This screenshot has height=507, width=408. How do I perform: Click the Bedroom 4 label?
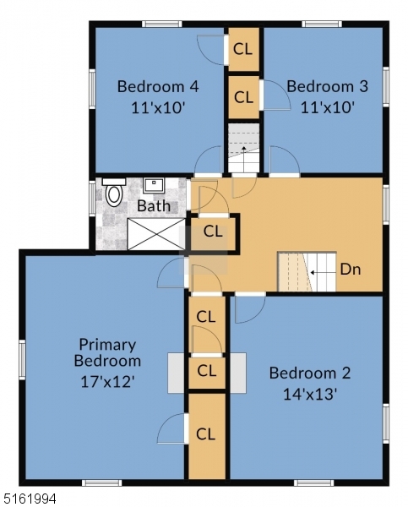click(x=158, y=85)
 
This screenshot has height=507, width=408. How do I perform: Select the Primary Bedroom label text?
click(x=107, y=352)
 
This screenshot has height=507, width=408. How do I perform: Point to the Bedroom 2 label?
click(x=309, y=373)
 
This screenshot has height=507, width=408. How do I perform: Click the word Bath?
click(x=153, y=205)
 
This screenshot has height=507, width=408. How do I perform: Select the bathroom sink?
click(x=153, y=184)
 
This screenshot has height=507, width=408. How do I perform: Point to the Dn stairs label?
click(x=351, y=271)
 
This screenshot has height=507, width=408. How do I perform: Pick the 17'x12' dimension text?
click(x=107, y=380)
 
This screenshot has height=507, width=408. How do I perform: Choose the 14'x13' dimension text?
click(x=309, y=394)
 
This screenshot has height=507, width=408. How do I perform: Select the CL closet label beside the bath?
click(x=213, y=230)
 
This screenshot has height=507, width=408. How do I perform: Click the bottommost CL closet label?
click(x=206, y=434)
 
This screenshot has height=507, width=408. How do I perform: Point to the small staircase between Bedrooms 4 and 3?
click(x=244, y=149)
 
